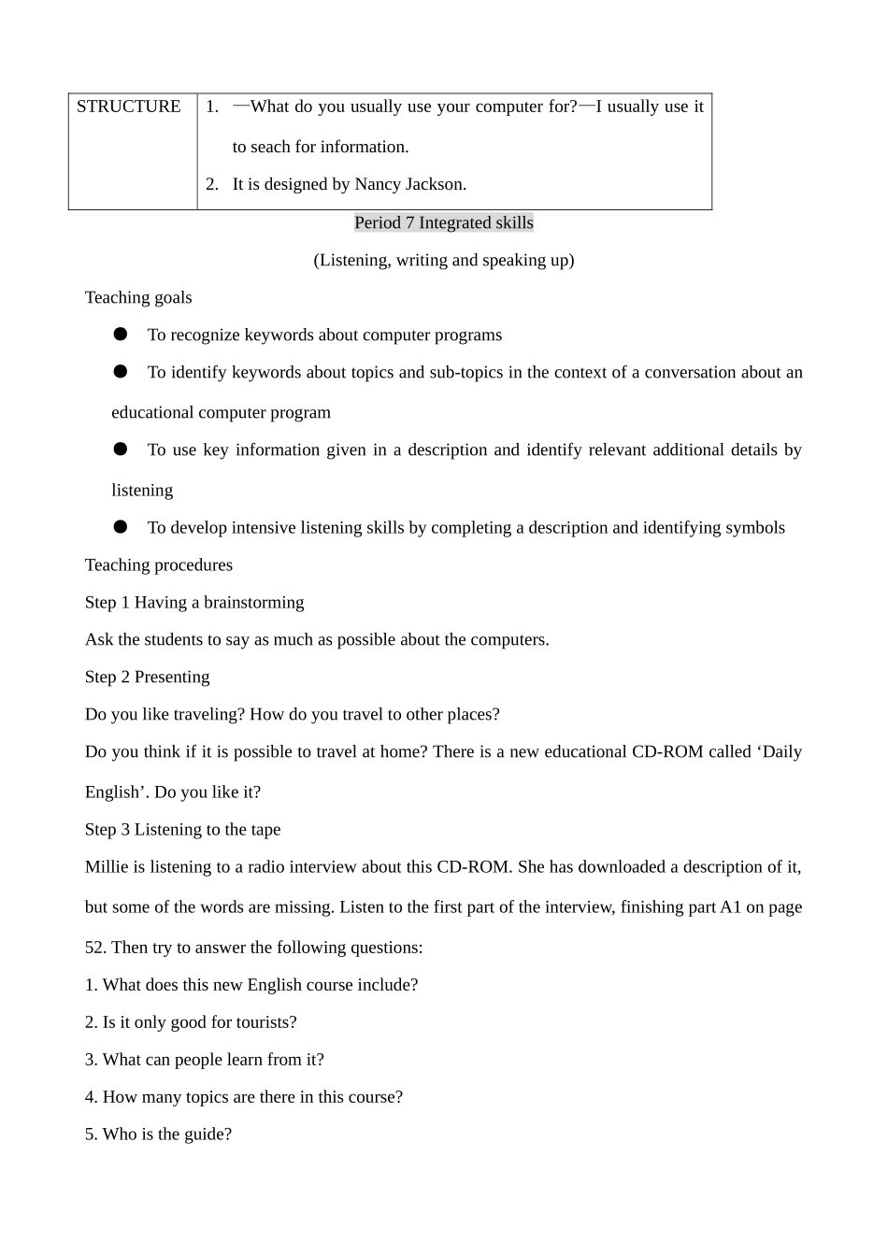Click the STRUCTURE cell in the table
pos(129,107)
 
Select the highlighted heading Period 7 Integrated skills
pos(444,222)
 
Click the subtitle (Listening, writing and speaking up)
pos(444,260)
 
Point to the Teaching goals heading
pos(138,297)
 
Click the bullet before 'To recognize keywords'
pos(121,334)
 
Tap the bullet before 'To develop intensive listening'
pos(121,527)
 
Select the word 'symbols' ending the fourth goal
pos(755,527)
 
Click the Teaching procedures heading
pos(159,564)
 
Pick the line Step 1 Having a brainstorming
pos(194,602)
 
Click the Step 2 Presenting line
pos(148,677)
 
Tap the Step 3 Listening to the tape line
pos(183,829)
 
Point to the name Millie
pos(107,866)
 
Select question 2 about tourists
pos(191,1021)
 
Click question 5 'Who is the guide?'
pos(158,1134)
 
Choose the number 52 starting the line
pos(95,947)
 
